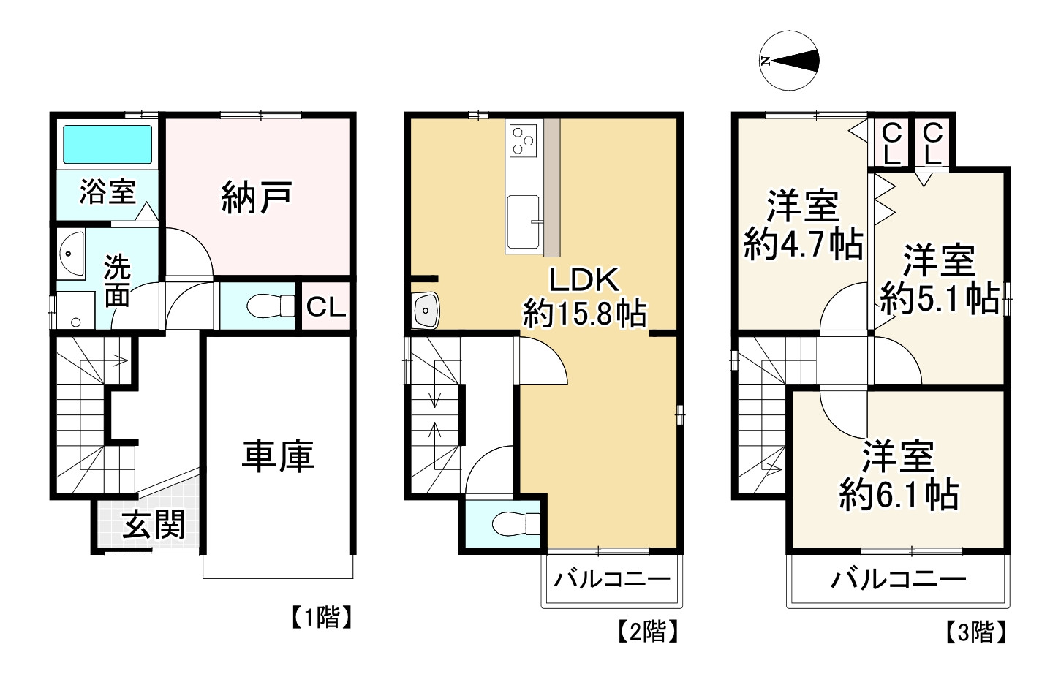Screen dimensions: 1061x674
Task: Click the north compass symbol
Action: (x=789, y=61)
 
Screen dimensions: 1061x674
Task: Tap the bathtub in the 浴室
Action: (x=107, y=145)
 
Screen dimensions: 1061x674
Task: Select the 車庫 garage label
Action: (x=278, y=456)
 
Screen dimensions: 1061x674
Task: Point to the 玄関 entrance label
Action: (x=154, y=525)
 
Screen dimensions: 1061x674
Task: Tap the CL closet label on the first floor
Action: (x=326, y=307)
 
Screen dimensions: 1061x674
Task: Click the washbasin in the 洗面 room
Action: (x=71, y=254)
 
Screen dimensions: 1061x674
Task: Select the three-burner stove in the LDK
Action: (x=524, y=140)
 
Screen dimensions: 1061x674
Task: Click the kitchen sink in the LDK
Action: (x=523, y=221)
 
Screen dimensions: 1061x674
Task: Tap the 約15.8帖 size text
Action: (x=584, y=313)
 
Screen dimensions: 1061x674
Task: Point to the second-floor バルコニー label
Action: (x=613, y=579)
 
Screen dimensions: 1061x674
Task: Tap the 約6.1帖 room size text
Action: (x=899, y=496)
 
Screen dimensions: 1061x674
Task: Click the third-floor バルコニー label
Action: (x=898, y=579)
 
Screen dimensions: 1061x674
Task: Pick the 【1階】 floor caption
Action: (x=322, y=617)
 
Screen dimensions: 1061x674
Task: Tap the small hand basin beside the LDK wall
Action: (x=426, y=310)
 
